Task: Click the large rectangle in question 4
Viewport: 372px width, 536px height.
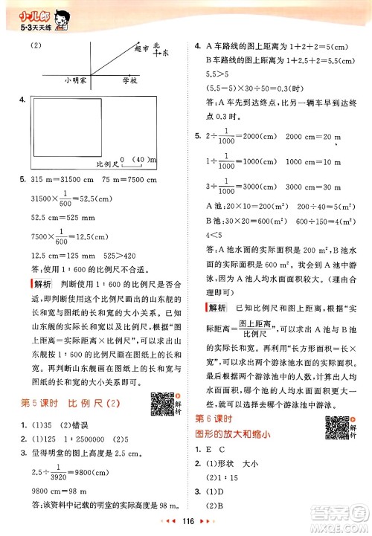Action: pos(89,130)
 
